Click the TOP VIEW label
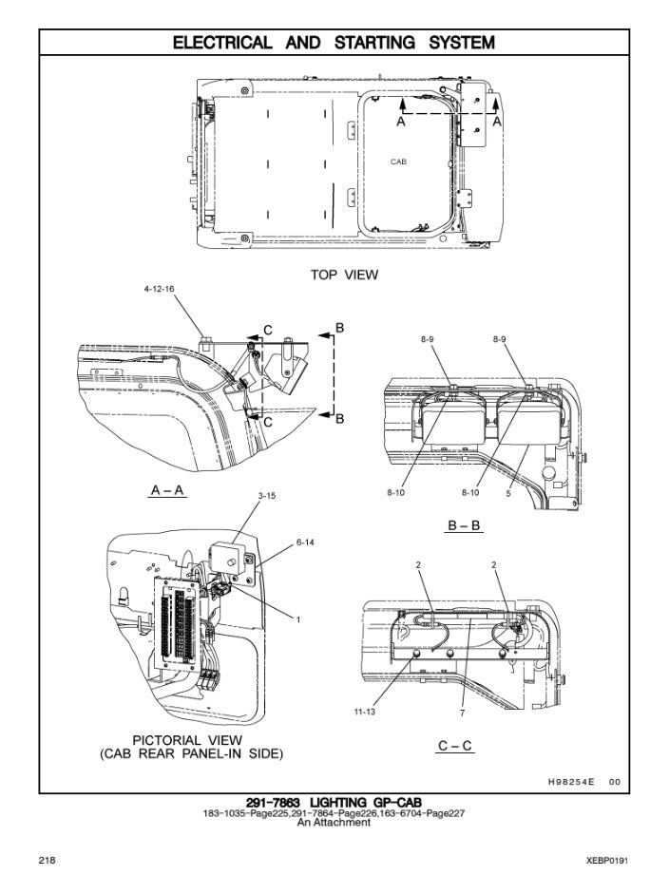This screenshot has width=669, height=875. point(344,275)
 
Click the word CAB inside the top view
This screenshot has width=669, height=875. point(398,162)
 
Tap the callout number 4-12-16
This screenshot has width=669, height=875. point(159,289)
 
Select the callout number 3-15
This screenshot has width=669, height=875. point(267,496)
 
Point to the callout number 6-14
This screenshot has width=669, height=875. point(305,542)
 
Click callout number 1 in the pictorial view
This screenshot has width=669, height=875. point(298,619)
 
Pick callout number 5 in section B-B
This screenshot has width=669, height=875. point(508,493)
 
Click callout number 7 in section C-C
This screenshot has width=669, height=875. point(462,713)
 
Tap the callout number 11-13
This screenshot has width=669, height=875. point(364,712)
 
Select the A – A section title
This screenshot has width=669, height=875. point(167,490)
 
